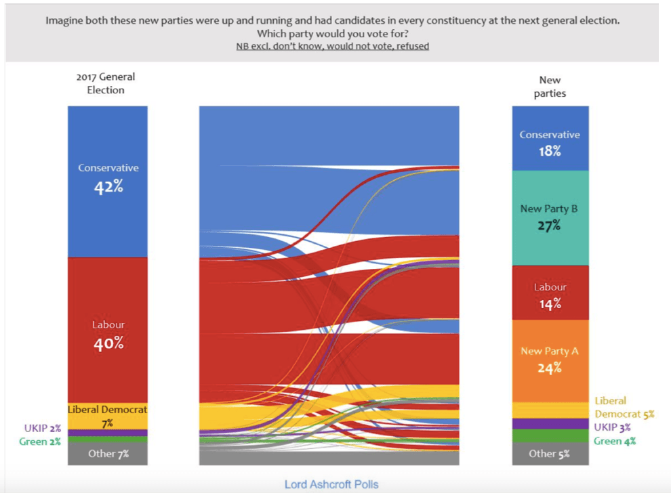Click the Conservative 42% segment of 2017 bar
108,181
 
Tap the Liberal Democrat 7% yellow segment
108,416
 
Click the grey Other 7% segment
108,454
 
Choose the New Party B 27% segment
550,217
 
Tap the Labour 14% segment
550,295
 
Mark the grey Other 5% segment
550,454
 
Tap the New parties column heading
550,87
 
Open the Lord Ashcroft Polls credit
331,484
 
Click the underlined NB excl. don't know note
332,46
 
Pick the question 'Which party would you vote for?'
332,33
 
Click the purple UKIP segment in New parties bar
550,424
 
